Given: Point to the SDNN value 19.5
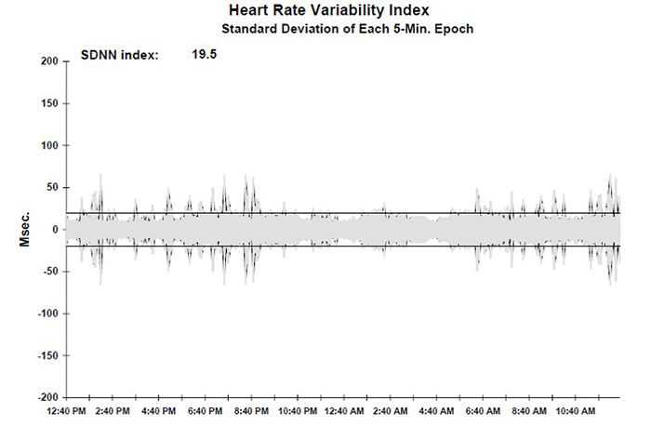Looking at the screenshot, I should [205, 55].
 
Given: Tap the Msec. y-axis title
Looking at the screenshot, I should [27, 228].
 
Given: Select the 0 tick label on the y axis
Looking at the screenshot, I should [56, 230].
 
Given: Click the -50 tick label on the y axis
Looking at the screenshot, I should [50, 272].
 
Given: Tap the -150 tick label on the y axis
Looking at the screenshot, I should [47, 355].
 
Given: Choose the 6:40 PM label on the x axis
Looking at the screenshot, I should [205, 411].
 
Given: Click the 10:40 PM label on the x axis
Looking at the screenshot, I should [299, 411].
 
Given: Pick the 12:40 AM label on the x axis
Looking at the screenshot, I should [346, 411].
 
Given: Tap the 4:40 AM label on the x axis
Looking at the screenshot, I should [435, 411].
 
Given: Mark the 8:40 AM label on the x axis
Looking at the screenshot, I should [525, 411].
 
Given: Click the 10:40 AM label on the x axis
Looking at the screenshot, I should [574, 411].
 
